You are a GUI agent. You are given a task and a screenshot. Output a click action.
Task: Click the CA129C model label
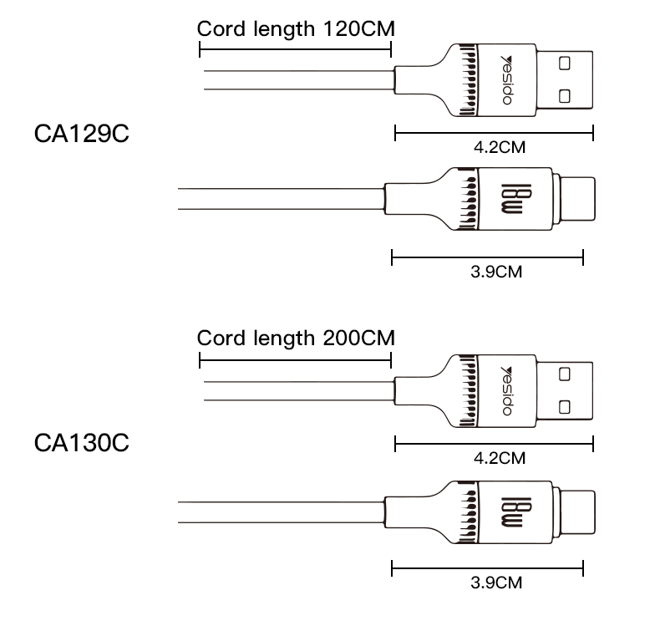(81, 134)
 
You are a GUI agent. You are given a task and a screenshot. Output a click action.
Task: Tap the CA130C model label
(81, 442)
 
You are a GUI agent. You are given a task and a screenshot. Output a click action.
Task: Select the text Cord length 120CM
(296, 28)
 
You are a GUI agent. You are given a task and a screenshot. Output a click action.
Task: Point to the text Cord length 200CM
(296, 338)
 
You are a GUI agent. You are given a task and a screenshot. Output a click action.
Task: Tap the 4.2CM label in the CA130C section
(500, 458)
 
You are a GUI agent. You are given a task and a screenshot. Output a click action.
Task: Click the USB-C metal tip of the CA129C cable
(576, 201)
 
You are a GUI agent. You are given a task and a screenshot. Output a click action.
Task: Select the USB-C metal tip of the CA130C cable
(576, 511)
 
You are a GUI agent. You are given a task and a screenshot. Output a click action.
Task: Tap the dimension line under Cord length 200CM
(296, 360)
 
